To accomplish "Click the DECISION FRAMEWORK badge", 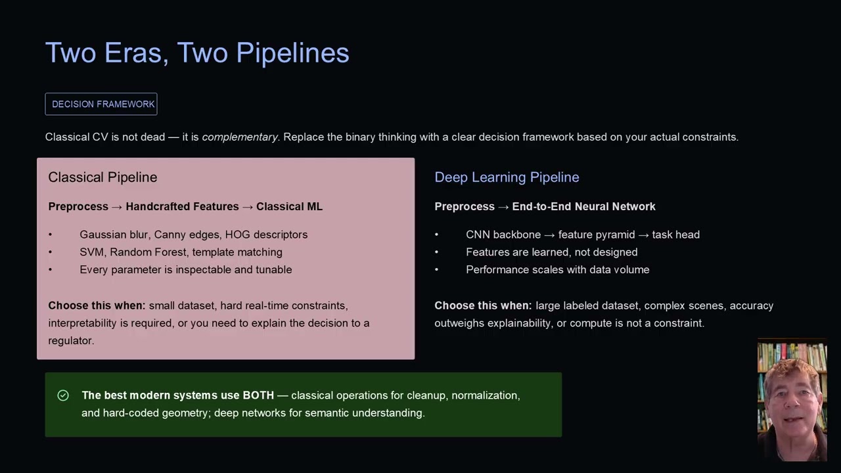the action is tap(101, 104).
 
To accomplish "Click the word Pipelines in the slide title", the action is tap(292, 53).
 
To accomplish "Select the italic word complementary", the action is tap(240, 137).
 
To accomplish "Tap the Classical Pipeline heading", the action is tap(102, 177).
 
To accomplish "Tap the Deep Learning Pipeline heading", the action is tap(507, 177).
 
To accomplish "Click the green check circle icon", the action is tap(63, 395).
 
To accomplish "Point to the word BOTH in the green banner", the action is tap(258, 395).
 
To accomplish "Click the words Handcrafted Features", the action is tap(182, 206).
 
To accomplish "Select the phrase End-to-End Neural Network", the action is tap(584, 206).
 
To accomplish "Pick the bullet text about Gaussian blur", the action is tap(193, 235).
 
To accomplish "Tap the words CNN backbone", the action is tap(503, 235).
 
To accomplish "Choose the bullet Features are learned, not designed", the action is tap(551, 252).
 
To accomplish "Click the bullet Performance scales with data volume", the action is tap(558, 269).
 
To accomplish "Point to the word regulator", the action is tap(71, 340).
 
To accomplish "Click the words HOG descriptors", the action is tap(266, 235).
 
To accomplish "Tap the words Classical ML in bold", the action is tap(289, 206).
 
